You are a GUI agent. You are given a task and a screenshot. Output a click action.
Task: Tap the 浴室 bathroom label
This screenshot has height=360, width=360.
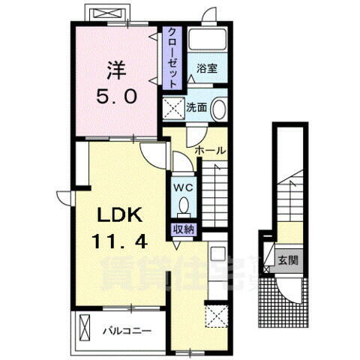coord(207,68)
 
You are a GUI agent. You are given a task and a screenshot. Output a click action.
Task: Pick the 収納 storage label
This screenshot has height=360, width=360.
coord(184,230)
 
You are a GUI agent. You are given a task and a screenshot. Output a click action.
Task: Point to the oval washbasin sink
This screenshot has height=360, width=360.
coord(218,109)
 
